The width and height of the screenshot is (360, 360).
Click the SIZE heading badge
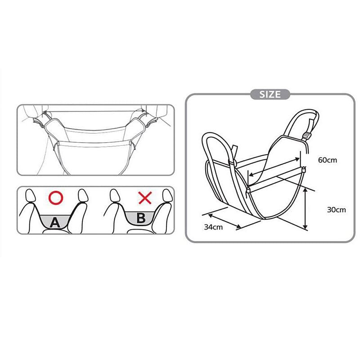click(270, 94)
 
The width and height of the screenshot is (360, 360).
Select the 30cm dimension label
click(337, 209)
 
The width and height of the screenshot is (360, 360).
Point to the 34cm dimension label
click(213, 227)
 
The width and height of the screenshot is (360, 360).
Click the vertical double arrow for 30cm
click(306, 209)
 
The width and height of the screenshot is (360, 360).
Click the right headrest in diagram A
click(81, 196)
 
